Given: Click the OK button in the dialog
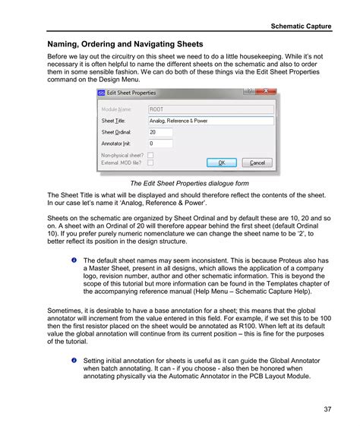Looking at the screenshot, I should pyautogui.click(x=221, y=162).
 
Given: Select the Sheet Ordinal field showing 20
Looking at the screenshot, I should pyautogui.click(x=160, y=131).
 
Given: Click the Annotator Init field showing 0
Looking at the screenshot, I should pyautogui.click(x=160, y=143).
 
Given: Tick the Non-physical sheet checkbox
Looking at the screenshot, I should pyautogui.click(x=150, y=154).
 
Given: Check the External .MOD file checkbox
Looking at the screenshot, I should pyautogui.click(x=150, y=162).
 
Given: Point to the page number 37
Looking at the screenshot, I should pyautogui.click(x=326, y=410).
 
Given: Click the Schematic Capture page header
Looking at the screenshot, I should pyautogui.click(x=302, y=26).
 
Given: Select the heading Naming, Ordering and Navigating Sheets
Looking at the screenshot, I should pyautogui.click(x=125, y=45).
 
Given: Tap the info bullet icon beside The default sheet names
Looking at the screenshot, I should pyautogui.click(x=74, y=260).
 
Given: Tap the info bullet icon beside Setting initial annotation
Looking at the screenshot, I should pyautogui.click(x=74, y=359).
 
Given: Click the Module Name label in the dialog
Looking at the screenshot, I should pyautogui.click(x=116, y=109).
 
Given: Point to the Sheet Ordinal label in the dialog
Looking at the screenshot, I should pyautogui.click(x=116, y=131).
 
